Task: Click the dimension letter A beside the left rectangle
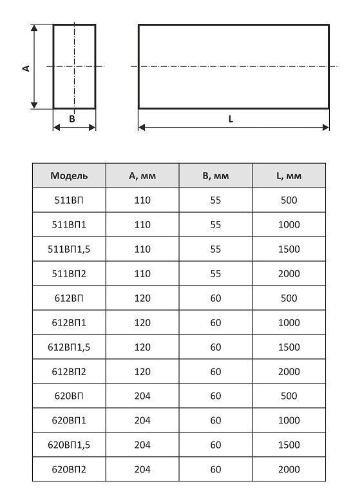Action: (26, 67)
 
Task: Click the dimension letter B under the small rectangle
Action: (72, 119)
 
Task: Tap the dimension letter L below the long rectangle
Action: (231, 119)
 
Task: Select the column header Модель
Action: (69, 175)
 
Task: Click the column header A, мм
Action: (142, 175)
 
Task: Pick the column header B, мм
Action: (215, 175)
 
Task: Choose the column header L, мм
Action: (289, 175)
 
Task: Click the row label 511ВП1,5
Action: (69, 249)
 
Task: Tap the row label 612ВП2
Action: (69, 371)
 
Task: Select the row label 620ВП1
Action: (69, 420)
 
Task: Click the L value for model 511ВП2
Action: (289, 273)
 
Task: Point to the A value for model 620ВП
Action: (142, 396)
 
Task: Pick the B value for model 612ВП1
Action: (215, 322)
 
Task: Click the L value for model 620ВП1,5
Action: (289, 445)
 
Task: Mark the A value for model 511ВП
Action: (142, 200)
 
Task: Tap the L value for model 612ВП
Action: (289, 298)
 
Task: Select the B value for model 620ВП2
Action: (215, 469)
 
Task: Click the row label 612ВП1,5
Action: (69, 347)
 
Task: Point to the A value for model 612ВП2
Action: (142, 371)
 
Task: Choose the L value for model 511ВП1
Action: (289, 224)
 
